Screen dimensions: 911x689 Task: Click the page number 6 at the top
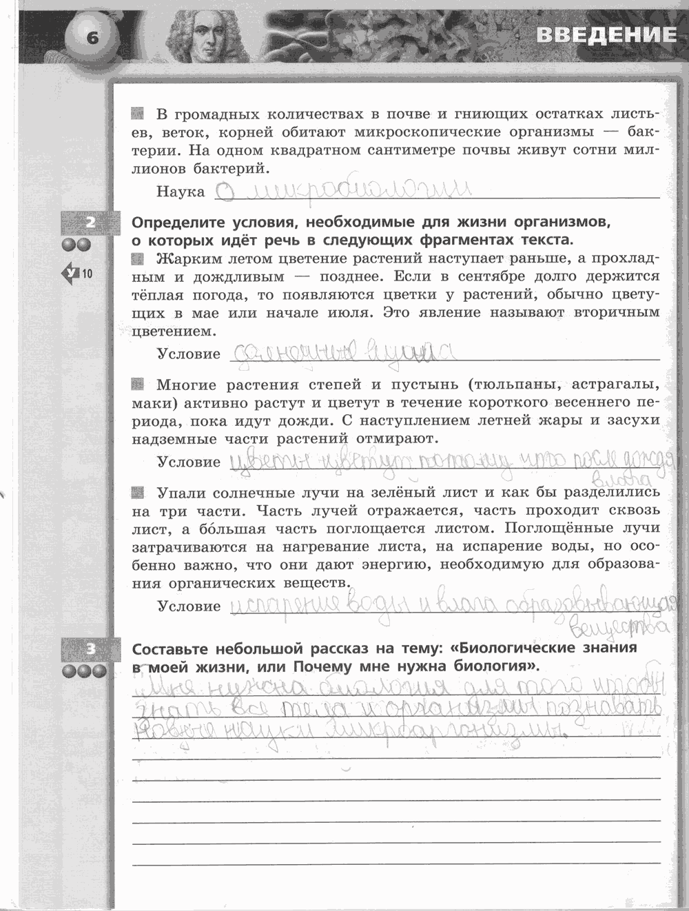92,37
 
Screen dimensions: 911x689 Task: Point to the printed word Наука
181,192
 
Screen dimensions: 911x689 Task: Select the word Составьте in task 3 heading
172,649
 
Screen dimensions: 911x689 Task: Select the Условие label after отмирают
189,462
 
